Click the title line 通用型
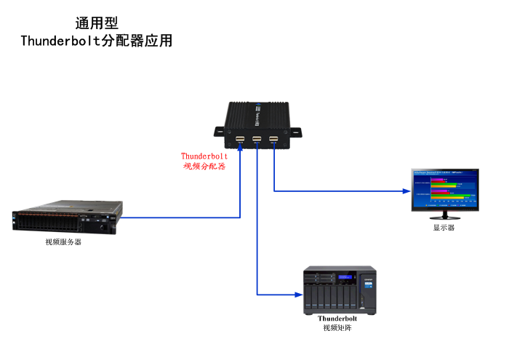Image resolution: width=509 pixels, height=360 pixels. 96,23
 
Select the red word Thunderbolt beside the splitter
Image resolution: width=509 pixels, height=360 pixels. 204,156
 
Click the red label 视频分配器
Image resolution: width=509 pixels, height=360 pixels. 204,166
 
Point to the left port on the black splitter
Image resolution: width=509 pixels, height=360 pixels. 240,138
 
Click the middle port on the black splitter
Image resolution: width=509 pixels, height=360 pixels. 257,138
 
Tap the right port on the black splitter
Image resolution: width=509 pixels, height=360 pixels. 273,138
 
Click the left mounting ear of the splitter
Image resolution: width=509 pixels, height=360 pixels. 220,132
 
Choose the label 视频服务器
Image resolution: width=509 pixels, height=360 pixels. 63,242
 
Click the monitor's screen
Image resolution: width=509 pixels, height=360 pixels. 445,190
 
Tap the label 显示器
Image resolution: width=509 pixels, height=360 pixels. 444,228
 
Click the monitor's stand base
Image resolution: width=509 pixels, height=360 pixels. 444,215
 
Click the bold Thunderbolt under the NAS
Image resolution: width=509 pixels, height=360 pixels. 337,319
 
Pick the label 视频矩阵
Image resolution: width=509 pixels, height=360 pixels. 337,328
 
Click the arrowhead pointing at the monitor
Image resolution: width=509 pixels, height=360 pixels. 408,191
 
